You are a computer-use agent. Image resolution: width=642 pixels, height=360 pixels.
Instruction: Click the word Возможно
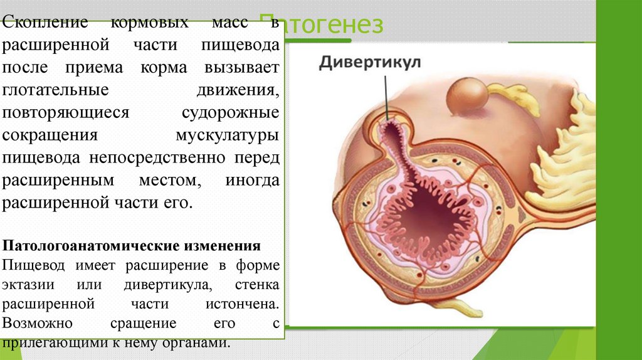click(x=38, y=324)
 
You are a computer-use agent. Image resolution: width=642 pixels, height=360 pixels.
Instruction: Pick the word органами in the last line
click(x=194, y=343)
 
